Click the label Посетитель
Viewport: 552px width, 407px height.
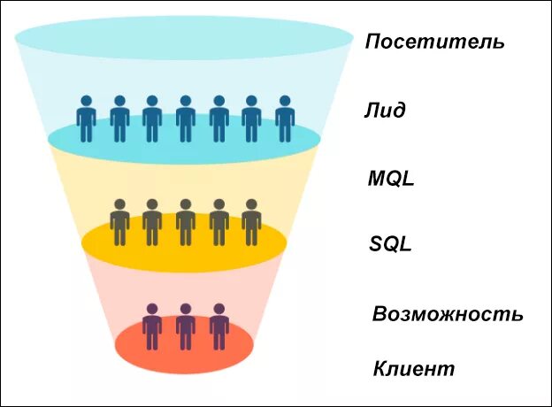435,42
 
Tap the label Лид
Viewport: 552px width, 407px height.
384,111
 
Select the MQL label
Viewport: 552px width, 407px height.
391,180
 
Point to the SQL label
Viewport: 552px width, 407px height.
390,244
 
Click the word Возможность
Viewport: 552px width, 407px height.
448,314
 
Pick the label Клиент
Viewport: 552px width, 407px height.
414,368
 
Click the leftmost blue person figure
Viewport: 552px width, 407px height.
86,120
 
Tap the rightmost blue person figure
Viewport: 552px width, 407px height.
284,120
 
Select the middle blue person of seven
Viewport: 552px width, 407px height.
185,120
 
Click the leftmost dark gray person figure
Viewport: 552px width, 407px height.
119,223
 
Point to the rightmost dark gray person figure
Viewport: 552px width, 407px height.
251,223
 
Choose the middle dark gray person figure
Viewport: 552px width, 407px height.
185,223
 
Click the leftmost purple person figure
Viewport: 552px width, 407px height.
152,327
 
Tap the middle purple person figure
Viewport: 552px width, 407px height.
185,327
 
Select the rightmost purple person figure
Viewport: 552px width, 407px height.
218,327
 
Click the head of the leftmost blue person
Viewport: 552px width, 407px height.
86,101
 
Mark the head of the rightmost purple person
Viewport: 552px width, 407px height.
218,309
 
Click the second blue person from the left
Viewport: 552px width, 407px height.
119,120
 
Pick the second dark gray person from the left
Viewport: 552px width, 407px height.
152,223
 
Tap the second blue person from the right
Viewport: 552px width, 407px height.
251,120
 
